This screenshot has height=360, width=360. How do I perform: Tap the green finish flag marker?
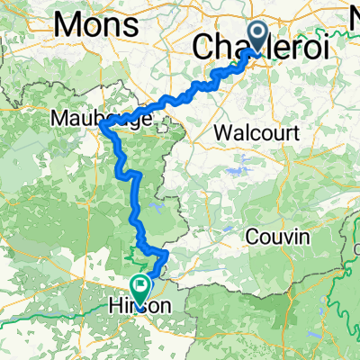(x=140, y=287)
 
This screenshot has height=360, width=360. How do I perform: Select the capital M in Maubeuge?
(x=60, y=117)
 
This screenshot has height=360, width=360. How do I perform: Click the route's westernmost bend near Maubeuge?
(x=101, y=127)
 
